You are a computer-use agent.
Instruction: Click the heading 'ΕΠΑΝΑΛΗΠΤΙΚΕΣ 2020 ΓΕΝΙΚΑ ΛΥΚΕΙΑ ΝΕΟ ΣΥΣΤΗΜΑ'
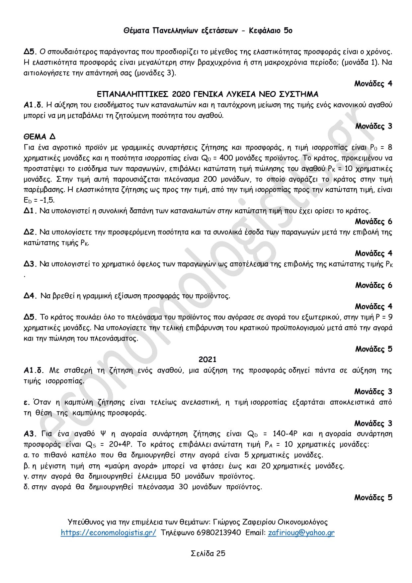[x=207, y=94]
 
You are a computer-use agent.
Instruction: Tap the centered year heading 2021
[x=207, y=359]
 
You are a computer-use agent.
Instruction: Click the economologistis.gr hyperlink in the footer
[x=108, y=533]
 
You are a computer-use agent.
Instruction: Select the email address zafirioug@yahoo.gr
[x=301, y=533]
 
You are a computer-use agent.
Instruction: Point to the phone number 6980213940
[x=219, y=533]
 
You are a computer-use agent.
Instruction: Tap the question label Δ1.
[x=30, y=211]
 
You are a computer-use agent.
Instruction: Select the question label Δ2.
[x=30, y=232]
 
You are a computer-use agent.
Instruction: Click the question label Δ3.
[x=30, y=264]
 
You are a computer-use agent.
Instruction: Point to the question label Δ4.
[x=30, y=296]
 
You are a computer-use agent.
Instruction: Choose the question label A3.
[x=30, y=434]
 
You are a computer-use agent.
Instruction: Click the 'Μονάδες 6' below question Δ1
[x=373, y=222]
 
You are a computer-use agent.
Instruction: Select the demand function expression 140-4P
[x=285, y=434]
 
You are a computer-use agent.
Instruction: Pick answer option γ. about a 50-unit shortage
[x=139, y=476]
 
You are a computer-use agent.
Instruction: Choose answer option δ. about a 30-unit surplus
[x=143, y=487]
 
